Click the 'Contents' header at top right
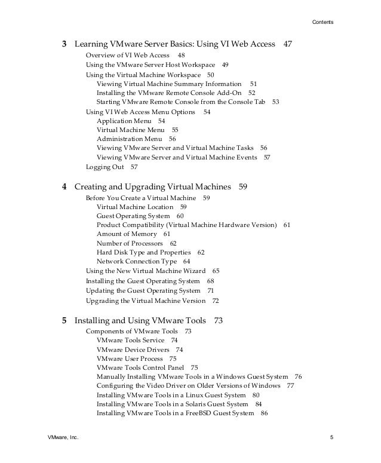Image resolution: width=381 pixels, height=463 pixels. click(323, 23)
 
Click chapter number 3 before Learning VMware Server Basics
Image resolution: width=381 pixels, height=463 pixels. click(64, 45)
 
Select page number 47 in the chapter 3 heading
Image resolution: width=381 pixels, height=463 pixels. click(287, 45)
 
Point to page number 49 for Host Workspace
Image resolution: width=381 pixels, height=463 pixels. click(225, 65)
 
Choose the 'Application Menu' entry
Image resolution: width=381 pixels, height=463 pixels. click(124, 121)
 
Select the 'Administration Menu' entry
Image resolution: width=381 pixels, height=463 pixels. click(128, 139)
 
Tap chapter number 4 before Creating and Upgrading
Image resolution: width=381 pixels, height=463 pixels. click(64, 187)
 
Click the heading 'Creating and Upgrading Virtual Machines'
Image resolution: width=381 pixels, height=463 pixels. click(152, 187)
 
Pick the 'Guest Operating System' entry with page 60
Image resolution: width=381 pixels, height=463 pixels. click(133, 216)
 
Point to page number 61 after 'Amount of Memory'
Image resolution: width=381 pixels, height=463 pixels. click(167, 234)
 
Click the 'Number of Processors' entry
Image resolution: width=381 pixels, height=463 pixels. click(130, 244)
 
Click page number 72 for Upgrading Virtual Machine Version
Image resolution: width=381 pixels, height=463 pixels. click(216, 301)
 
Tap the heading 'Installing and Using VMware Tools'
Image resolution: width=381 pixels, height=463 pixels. click(140, 321)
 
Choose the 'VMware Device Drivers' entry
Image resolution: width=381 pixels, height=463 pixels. click(132, 349)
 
